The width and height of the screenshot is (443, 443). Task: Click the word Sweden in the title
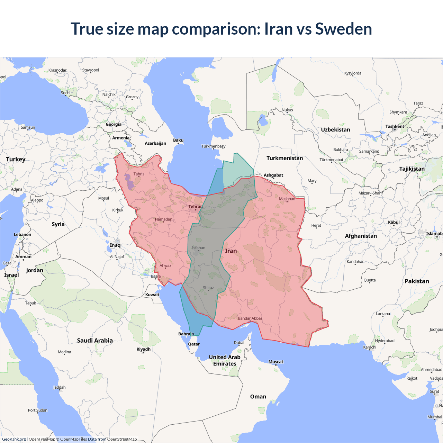343,29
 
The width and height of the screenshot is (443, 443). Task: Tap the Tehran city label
196,207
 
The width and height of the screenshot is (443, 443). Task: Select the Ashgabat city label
273,175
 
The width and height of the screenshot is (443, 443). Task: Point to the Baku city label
178,140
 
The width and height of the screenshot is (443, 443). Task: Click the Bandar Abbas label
250,318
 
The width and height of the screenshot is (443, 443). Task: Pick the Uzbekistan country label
335,130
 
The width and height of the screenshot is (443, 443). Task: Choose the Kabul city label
394,222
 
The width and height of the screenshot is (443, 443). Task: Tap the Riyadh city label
143,349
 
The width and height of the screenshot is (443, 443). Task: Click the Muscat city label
276,362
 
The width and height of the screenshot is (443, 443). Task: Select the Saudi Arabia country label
95,341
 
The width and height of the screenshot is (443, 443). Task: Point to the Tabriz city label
139,174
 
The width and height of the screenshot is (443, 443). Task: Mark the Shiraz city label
208,288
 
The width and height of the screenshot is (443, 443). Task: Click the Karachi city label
370,347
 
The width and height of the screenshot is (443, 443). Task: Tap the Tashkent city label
395,126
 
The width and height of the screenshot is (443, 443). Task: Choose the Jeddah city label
59,387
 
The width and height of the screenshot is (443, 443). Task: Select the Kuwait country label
152,295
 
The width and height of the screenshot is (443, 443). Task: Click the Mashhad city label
287,199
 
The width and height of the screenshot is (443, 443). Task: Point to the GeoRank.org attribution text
14,439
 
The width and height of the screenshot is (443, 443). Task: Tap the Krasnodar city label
57,70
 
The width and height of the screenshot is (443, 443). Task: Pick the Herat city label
316,225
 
